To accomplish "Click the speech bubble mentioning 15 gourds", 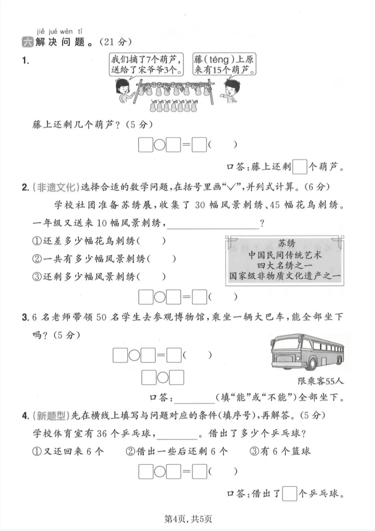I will pos(224,64).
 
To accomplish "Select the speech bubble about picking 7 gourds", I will pos(146,64).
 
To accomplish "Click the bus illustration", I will pos(307,351).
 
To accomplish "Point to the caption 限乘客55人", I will pos(320,381).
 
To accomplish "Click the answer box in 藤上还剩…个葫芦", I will pos(300,167).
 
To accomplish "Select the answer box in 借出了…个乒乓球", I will pos(290,493).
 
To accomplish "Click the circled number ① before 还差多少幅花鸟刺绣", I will pos(37,241).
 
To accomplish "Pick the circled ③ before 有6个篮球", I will pos(255,451).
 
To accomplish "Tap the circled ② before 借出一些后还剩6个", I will pos(131,451).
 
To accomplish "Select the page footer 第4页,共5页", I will pos(188,519).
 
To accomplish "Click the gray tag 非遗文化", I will pos(56,187).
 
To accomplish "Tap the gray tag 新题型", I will pos(51,415).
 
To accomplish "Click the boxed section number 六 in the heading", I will pos(27,42).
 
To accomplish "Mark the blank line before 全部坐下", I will pos(194,398).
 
